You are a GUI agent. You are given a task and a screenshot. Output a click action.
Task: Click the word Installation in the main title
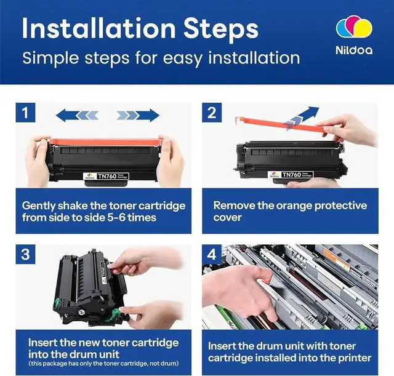pyautogui.click(x=98, y=28)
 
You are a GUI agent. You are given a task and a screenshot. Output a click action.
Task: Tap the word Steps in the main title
pyautogui.click(x=221, y=31)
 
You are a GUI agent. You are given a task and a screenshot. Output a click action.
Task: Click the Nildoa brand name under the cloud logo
pyautogui.click(x=354, y=50)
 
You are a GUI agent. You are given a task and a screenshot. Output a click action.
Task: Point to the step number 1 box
pyautogui.click(x=25, y=113)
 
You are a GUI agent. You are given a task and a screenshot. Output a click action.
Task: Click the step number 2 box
pyautogui.click(x=212, y=113)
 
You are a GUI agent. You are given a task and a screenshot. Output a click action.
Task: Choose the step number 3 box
pyautogui.click(x=25, y=254)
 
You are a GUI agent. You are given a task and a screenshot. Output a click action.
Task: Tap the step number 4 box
pyautogui.click(x=212, y=254)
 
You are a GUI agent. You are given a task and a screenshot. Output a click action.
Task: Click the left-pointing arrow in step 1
pyautogui.click(x=77, y=115)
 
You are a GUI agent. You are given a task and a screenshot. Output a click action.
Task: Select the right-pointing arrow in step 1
pyautogui.click(x=138, y=115)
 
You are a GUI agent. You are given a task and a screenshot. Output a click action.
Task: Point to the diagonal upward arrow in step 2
pyautogui.click(x=302, y=118)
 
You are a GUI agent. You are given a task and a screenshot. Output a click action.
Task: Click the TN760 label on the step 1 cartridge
pyautogui.click(x=106, y=176)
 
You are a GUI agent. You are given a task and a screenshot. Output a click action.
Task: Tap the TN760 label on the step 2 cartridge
pyautogui.click(x=291, y=175)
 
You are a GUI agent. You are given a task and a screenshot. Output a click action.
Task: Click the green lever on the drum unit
pyautogui.click(x=115, y=314)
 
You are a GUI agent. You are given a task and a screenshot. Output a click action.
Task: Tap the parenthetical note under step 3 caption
pyautogui.click(x=103, y=364)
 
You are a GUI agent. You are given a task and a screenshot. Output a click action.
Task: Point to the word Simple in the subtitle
pyautogui.click(x=50, y=58)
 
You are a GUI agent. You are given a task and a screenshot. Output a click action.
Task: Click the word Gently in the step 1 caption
pyautogui.click(x=38, y=206)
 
